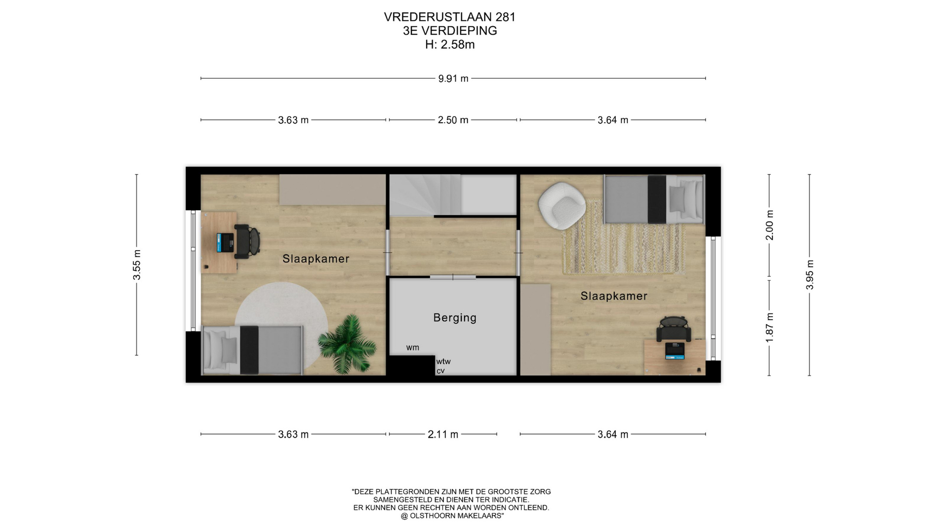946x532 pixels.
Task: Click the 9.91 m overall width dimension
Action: (x=453, y=78)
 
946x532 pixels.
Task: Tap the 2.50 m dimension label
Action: (x=453, y=120)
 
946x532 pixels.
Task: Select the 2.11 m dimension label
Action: (x=443, y=434)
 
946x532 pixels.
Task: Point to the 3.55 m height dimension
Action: (x=137, y=265)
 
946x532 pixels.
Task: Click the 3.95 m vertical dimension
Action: (x=810, y=275)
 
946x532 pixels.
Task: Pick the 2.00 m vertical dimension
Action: (x=769, y=225)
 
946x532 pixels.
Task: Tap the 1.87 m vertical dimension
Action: (x=769, y=328)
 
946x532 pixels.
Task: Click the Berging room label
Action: (x=455, y=318)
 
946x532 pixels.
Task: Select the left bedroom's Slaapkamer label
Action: (x=316, y=259)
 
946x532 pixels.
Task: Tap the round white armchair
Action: (x=562, y=205)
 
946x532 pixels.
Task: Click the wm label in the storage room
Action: (x=413, y=347)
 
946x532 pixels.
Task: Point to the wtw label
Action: (x=443, y=361)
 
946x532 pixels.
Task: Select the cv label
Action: (x=440, y=371)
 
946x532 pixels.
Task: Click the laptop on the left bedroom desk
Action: (x=226, y=242)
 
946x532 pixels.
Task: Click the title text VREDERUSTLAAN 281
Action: (x=450, y=17)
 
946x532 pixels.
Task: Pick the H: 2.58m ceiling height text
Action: (x=450, y=44)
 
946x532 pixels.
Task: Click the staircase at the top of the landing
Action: (x=426, y=196)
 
